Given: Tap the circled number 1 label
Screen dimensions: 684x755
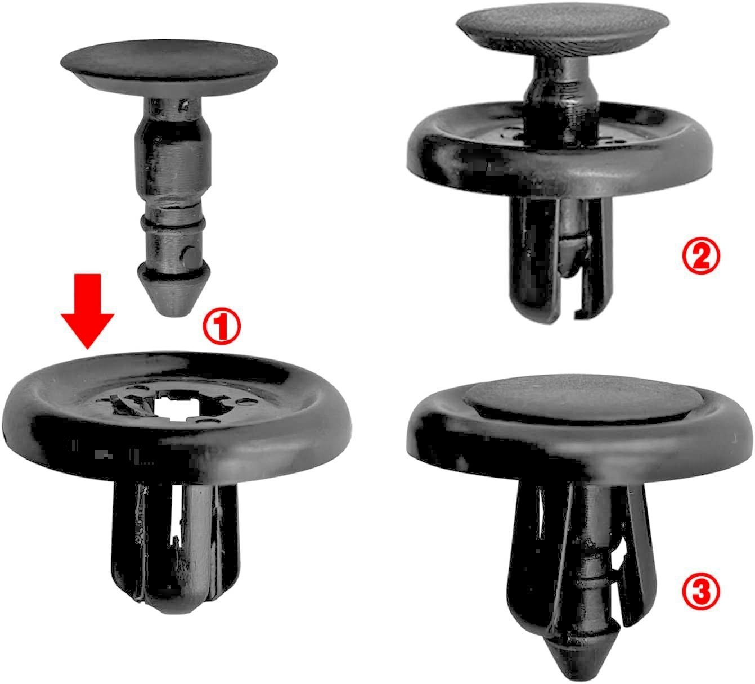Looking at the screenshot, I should click(222, 328).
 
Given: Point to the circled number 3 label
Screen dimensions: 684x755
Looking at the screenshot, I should click(700, 592).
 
